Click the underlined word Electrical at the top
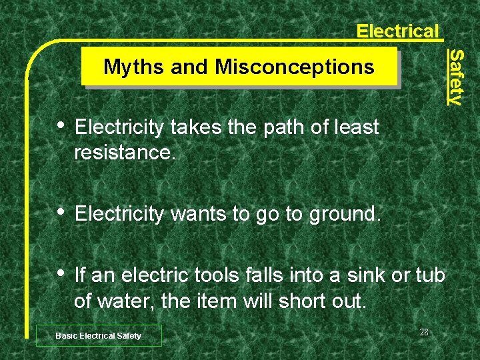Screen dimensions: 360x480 pyautogui.click(x=397, y=31)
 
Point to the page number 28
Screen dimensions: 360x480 pyautogui.click(x=425, y=332)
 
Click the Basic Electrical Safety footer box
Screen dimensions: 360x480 pyautogui.click(x=98, y=335)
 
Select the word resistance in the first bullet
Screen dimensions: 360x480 pyautogui.click(x=125, y=153)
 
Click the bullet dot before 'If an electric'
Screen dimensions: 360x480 pyautogui.click(x=62, y=273)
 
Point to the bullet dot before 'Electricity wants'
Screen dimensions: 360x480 pyautogui.click(x=62, y=213)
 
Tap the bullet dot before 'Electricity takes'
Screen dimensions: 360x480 pyautogui.click(x=62, y=125)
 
